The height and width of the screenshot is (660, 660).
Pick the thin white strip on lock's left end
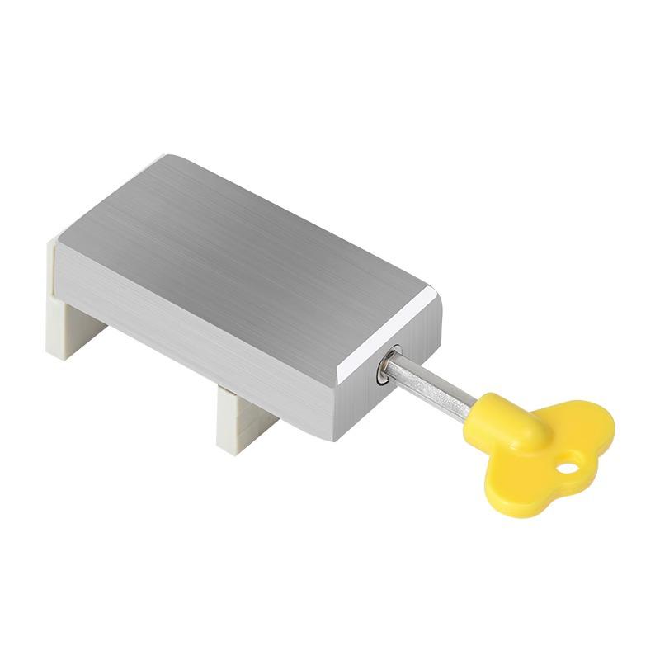point(52,264)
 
